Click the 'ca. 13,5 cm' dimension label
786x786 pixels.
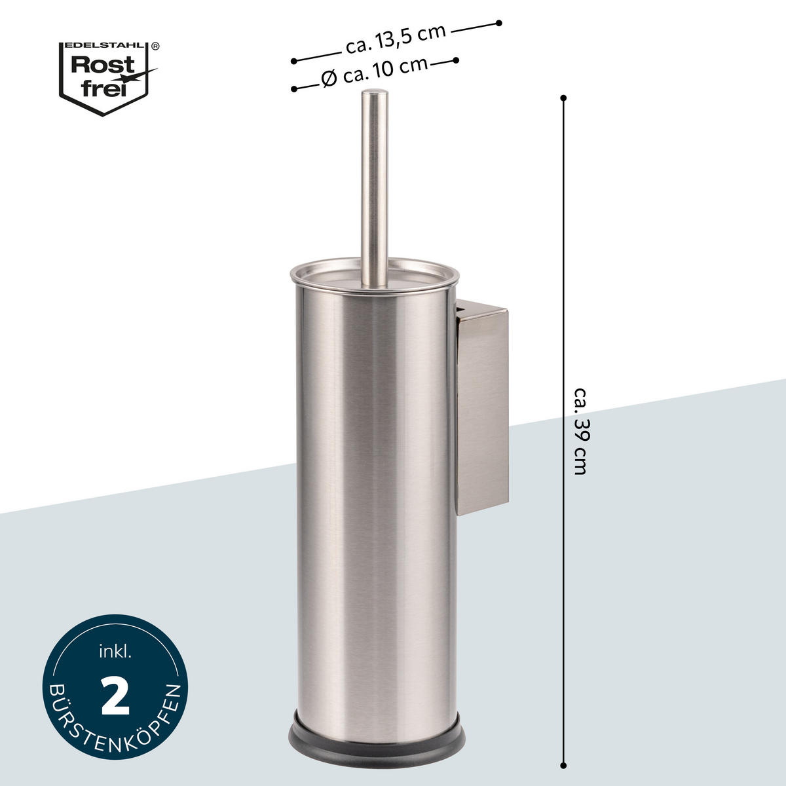[x=395, y=40]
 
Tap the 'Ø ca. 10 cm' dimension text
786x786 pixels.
[x=375, y=72]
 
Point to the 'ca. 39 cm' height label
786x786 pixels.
[x=580, y=431]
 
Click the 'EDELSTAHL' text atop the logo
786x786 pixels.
[x=104, y=45]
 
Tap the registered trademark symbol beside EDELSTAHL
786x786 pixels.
[x=155, y=46]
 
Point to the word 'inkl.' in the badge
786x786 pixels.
[x=115, y=652]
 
